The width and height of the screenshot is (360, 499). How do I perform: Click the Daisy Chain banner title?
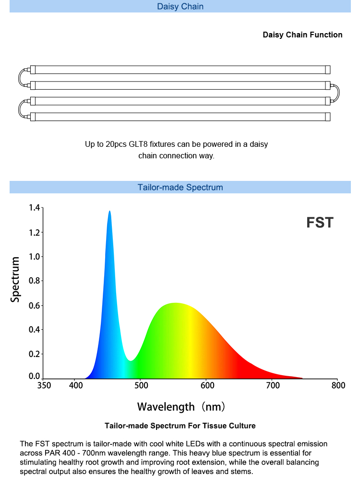pyautogui.click(x=180, y=6)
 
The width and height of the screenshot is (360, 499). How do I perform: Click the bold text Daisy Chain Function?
pyautogui.click(x=302, y=35)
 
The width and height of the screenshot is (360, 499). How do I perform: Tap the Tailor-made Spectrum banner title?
pyautogui.click(x=180, y=187)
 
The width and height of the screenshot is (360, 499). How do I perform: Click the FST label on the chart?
pyautogui.click(x=320, y=223)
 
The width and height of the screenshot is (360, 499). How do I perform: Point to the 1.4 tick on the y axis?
pyautogui.click(x=35, y=208)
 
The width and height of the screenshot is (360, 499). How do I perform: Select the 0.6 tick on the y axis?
pyautogui.click(x=35, y=306)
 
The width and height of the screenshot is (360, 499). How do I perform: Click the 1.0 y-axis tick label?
pyautogui.click(x=35, y=257)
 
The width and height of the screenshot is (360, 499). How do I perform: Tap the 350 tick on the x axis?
pyautogui.click(x=44, y=385)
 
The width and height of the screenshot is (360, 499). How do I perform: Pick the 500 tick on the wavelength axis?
pyautogui.click(x=141, y=385)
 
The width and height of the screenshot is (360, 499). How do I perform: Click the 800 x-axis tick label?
pyautogui.click(x=338, y=385)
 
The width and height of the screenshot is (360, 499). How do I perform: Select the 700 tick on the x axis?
pyautogui.click(x=273, y=385)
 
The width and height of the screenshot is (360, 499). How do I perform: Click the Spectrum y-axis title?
pyautogui.click(x=15, y=279)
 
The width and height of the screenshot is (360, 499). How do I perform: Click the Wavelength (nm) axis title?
pyautogui.click(x=181, y=407)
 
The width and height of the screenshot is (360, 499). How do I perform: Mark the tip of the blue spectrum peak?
pyautogui.click(x=109, y=211)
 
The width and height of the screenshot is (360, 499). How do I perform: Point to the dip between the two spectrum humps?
pyautogui.click(x=130, y=360)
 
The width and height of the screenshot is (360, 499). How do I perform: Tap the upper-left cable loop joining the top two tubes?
pyautogui.click(x=19, y=77)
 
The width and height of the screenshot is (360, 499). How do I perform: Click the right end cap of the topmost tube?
pyautogui.click(x=327, y=70)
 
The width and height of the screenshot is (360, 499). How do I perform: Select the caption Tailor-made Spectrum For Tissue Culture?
pyautogui.click(x=180, y=426)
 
